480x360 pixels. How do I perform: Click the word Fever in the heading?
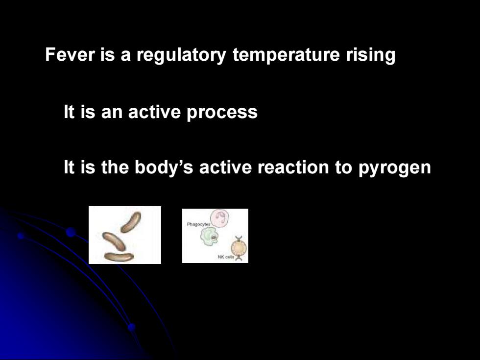tap(70, 54)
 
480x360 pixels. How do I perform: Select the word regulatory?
tap(181, 55)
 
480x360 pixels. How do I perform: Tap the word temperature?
tap(286, 55)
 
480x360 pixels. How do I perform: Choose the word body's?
tap(164, 168)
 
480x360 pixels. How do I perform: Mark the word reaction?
tap(293, 168)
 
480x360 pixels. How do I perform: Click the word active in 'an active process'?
tap(154, 112)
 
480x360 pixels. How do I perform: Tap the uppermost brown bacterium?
tap(131, 222)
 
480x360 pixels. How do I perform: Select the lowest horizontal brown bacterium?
tap(119, 257)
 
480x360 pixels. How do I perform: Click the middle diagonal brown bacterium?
tap(114, 241)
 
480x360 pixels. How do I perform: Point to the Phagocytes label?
tap(199, 224)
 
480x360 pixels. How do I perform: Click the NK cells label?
tap(226, 257)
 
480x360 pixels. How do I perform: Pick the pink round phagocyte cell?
tap(220, 218)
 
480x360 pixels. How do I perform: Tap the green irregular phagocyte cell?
tap(210, 237)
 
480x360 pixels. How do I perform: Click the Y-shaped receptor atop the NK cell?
tap(238, 238)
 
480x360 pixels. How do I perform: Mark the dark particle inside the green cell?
tap(214, 238)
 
